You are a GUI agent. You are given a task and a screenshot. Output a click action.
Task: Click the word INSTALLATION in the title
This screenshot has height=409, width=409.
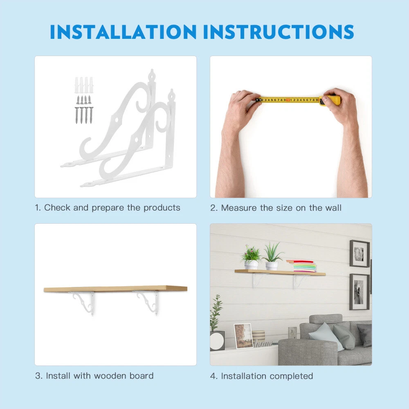[123, 32]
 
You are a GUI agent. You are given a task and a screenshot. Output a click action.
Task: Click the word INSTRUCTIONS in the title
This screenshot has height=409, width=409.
[279, 32]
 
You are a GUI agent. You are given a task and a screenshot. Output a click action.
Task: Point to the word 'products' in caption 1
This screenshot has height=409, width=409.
[162, 208]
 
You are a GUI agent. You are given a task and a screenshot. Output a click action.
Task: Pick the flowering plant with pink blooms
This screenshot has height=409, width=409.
[251, 257]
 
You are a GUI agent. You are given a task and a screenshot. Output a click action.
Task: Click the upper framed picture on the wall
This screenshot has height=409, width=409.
[360, 254]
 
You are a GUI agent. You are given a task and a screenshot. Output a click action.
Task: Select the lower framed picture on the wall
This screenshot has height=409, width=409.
[359, 292]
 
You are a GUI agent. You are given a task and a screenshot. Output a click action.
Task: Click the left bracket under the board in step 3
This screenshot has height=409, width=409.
[84, 303]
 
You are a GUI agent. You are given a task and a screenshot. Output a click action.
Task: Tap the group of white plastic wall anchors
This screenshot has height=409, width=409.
[84, 85]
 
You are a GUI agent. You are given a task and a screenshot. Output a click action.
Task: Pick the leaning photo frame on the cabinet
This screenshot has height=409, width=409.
[244, 336]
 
